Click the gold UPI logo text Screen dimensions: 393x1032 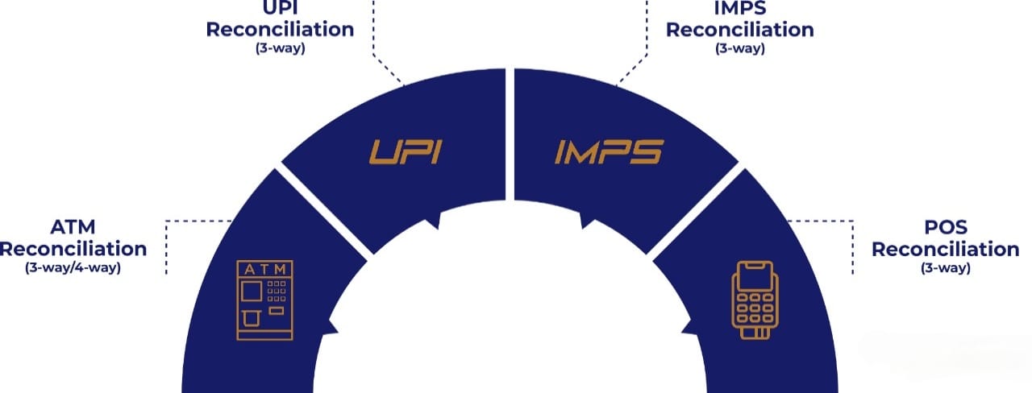click(x=406, y=151)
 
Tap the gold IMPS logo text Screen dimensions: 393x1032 click(x=609, y=151)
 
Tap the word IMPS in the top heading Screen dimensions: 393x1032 click(x=740, y=9)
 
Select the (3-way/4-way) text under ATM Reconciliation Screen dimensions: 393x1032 click(x=73, y=267)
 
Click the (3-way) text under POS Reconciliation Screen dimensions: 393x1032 click(x=945, y=267)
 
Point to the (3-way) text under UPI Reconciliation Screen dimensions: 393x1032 click(x=280, y=48)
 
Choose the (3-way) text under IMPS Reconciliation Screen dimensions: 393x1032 click(x=740, y=48)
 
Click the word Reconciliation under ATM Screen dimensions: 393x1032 click(x=73, y=249)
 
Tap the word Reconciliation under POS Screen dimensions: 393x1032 click(x=945, y=249)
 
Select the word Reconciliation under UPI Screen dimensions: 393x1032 click(x=280, y=29)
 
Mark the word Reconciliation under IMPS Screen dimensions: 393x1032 click(x=740, y=29)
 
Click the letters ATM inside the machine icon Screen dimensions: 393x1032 click(x=262, y=268)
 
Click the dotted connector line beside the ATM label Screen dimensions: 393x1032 click(x=166, y=246)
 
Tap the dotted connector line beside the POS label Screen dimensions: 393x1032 click(x=853, y=246)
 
